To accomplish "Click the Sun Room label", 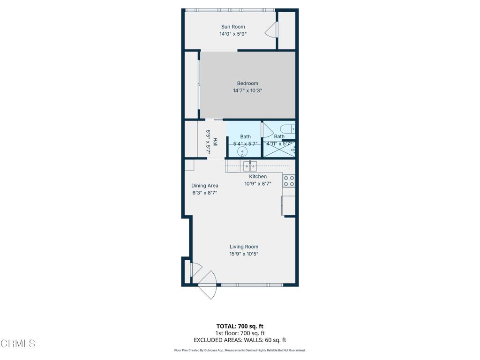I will point(233,27).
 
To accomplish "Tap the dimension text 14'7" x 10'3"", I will point(247,90).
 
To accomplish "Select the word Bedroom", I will point(247,83).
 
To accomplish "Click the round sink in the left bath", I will point(242,151).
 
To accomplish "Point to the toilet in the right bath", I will point(286,128).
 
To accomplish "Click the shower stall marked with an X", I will point(279,150).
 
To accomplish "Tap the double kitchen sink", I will point(249,165).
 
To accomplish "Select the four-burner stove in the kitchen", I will point(289,181).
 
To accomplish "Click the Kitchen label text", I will point(258,177).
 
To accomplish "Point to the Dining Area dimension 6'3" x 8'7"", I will point(205,193).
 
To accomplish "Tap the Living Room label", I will point(244,247).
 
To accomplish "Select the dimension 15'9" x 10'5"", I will point(244,254).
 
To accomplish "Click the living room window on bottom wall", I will point(252,285).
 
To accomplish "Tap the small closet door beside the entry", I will point(195,270).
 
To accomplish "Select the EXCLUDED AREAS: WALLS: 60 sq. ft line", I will point(240,340).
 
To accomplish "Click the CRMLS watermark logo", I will point(18,344).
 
